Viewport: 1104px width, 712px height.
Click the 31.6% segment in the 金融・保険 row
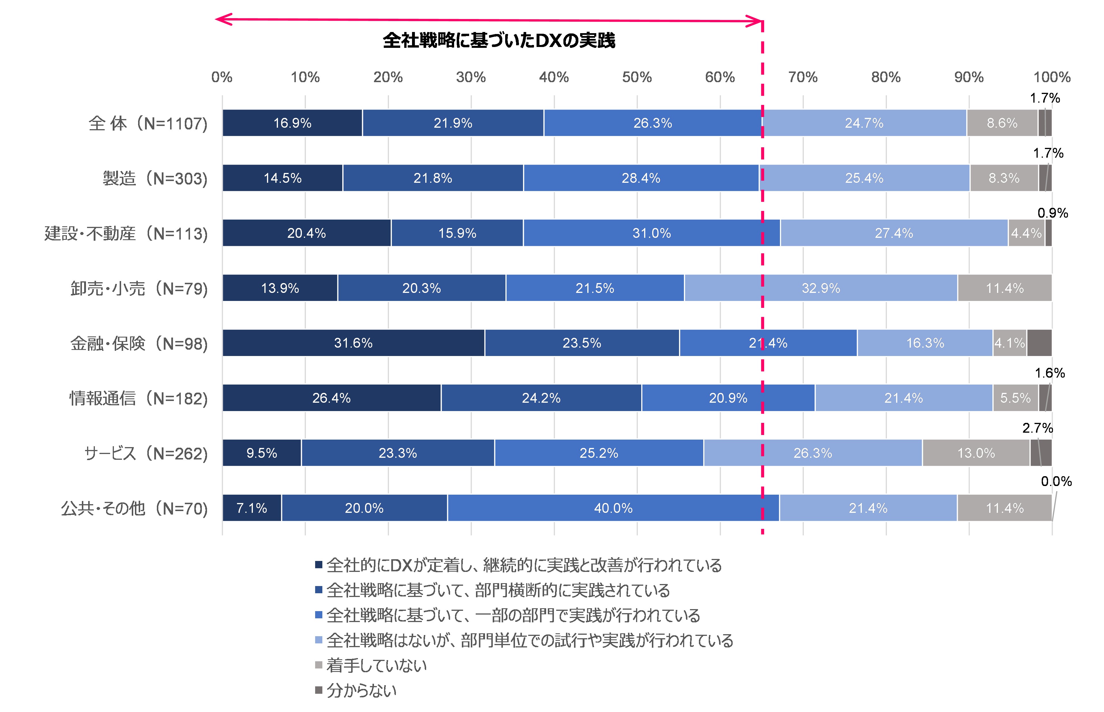[x=353, y=343]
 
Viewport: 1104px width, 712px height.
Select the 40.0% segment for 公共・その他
[x=613, y=508]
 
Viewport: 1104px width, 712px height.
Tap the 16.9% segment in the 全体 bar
[x=292, y=123]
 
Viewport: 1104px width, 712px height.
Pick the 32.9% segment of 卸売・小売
[x=821, y=288]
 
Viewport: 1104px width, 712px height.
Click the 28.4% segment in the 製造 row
[x=641, y=178]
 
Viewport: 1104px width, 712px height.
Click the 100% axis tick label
[x=1052, y=77]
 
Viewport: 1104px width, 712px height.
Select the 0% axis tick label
[x=222, y=77]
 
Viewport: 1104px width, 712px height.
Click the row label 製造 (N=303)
[x=155, y=178]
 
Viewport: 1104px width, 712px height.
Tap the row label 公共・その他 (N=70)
[x=134, y=508]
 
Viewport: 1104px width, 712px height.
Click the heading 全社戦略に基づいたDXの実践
[x=499, y=41]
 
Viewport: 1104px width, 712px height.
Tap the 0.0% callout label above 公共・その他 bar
[x=1056, y=481]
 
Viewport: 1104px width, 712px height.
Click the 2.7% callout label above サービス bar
[x=1037, y=428]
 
